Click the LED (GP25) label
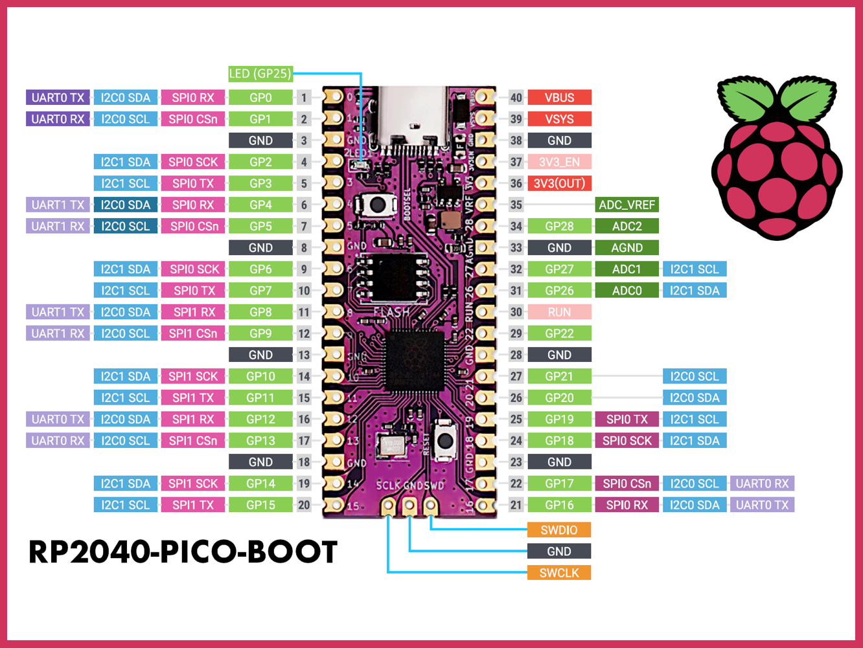tap(260, 74)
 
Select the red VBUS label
tap(559, 98)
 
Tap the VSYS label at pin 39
tap(559, 119)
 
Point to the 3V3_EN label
tap(559, 162)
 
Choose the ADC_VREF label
tap(627, 205)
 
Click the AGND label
tap(627, 247)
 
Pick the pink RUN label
tap(559, 312)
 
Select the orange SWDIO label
tap(559, 530)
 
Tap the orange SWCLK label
tap(559, 573)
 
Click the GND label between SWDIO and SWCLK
tap(559, 552)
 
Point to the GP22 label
tap(559, 333)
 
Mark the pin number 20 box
tap(304, 505)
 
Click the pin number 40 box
tap(516, 98)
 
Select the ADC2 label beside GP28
tap(627, 226)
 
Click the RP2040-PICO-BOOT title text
tap(183, 552)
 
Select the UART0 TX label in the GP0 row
tap(58, 98)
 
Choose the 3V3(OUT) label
tap(559, 183)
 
